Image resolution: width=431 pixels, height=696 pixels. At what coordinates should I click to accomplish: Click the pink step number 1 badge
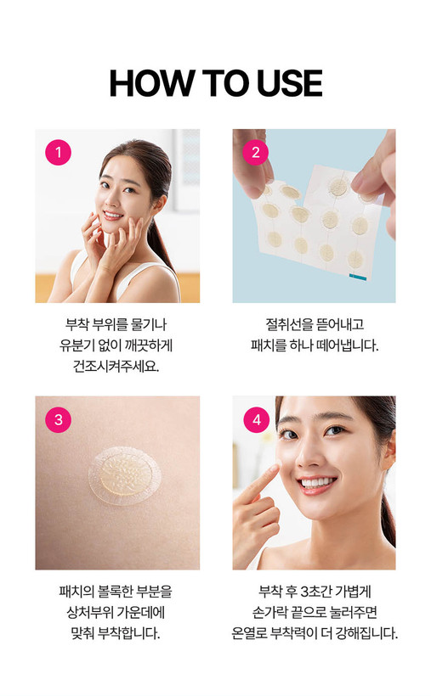[x=58, y=152]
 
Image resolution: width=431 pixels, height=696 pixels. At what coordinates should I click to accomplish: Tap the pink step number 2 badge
[x=255, y=152]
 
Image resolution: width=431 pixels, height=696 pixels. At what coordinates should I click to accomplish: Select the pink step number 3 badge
[x=59, y=419]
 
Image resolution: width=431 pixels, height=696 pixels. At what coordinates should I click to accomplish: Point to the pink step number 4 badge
[x=257, y=419]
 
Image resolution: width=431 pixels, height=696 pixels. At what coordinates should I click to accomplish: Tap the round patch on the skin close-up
[x=125, y=475]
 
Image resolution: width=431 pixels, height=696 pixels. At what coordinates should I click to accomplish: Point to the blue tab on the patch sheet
[x=358, y=277]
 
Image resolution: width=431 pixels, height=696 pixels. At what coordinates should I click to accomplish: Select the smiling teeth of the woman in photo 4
[x=317, y=482]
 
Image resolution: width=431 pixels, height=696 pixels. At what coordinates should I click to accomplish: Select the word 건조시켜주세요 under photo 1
[x=116, y=366]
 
